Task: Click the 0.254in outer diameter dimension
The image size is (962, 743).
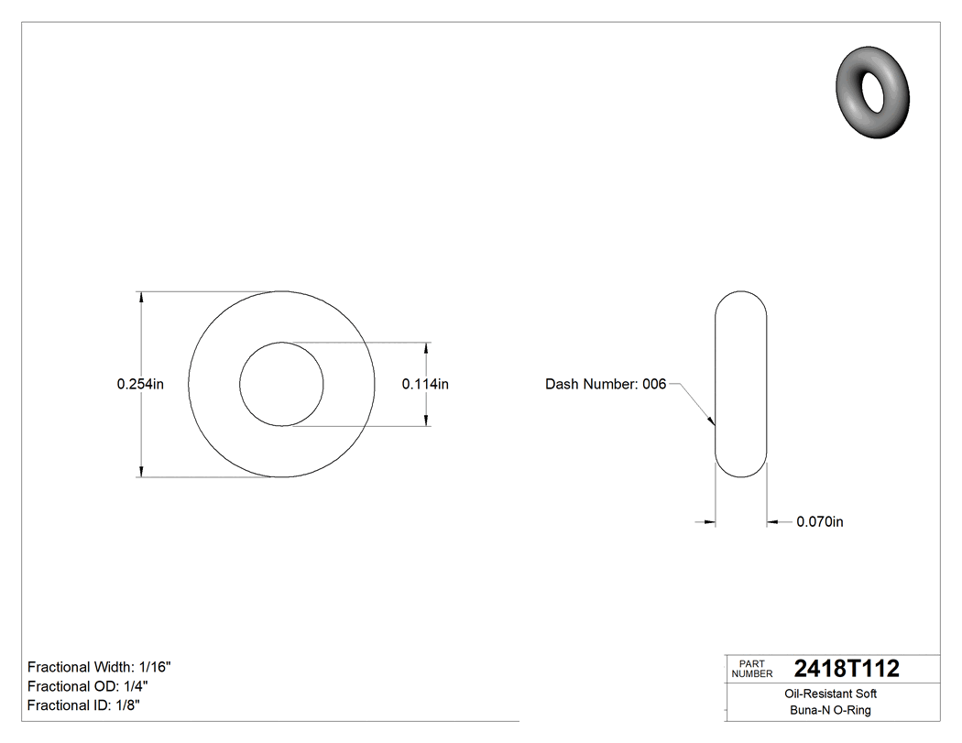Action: click(140, 385)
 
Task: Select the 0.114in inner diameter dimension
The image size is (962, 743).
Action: click(425, 385)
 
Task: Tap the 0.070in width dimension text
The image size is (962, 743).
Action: click(819, 522)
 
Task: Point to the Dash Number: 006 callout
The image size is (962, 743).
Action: click(605, 385)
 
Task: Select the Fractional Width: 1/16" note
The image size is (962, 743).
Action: click(99, 667)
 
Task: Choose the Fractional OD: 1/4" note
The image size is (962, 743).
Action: click(88, 686)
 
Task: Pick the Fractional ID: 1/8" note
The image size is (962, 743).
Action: click(84, 705)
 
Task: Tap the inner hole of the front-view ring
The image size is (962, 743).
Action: click(281, 385)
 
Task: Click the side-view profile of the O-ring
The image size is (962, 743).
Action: click(740, 385)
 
